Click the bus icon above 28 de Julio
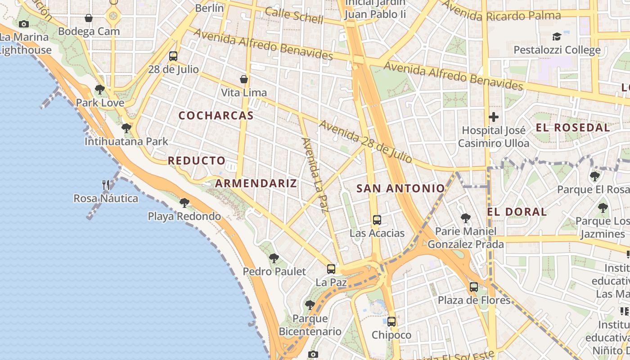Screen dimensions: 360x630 [x=173, y=56]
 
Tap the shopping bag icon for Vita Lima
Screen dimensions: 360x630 [x=244, y=79]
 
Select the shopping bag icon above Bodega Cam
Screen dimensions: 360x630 [x=89, y=18]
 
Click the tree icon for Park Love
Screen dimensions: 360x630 [x=100, y=90]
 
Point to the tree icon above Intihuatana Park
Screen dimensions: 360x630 [x=126, y=128]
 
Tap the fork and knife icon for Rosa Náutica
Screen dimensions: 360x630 [x=106, y=184]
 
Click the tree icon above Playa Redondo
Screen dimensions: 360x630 [x=184, y=203]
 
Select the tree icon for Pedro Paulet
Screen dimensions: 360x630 [x=274, y=258]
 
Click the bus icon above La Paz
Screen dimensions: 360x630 [x=331, y=269]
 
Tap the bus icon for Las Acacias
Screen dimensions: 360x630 [x=377, y=220]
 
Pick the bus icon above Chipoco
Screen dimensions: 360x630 [x=391, y=322]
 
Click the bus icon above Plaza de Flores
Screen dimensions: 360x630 [x=474, y=287]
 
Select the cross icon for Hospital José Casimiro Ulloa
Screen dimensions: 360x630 [x=494, y=117]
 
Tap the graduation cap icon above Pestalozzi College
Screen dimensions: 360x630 [x=557, y=36]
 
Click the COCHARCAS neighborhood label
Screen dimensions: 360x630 [x=216, y=116]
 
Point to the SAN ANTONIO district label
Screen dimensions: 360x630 [x=400, y=189]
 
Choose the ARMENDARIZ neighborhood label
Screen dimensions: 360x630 [x=256, y=183]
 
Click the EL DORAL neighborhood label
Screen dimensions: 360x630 [x=517, y=211]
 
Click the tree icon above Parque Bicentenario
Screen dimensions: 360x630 [x=310, y=305]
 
